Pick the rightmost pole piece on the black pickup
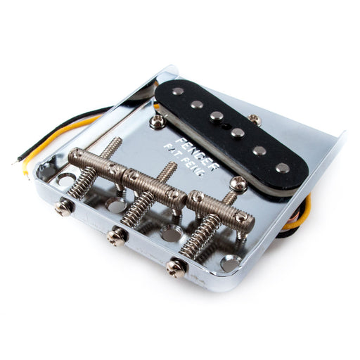click(x=282, y=167)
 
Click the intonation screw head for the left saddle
click(x=65, y=207)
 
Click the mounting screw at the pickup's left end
click(x=158, y=122)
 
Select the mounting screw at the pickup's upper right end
click(x=255, y=120)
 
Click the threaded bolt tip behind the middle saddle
click(x=169, y=169)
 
